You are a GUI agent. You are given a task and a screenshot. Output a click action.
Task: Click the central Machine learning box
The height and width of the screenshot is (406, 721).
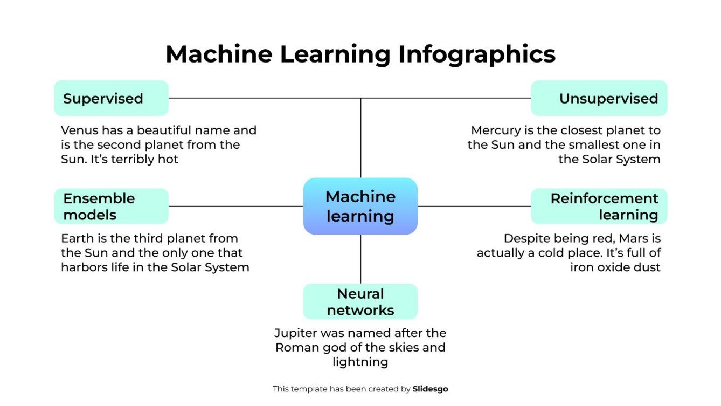coord(360,206)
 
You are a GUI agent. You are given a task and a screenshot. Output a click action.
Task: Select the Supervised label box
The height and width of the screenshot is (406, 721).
coord(111,98)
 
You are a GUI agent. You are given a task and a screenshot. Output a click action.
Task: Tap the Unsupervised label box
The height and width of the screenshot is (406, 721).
coord(599,98)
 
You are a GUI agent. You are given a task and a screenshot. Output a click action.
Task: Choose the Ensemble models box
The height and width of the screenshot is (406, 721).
coord(111,206)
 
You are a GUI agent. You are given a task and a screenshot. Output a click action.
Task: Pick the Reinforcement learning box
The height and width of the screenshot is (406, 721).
coord(599,206)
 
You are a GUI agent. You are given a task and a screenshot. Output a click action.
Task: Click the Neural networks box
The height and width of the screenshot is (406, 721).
coord(360,301)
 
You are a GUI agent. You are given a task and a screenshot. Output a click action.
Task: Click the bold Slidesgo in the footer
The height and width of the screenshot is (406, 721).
coord(430,388)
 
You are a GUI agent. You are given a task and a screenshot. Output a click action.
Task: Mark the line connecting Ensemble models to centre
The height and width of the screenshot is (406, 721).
coord(235,206)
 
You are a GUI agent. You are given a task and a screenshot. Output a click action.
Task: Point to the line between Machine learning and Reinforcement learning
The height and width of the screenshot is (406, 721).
coord(474,206)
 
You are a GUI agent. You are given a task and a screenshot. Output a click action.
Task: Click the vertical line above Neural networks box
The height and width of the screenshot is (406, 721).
coord(360,259)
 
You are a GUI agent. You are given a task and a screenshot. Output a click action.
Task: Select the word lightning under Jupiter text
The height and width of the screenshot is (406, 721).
coord(360,362)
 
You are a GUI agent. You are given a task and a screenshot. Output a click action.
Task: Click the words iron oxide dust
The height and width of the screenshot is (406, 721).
coord(615,267)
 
